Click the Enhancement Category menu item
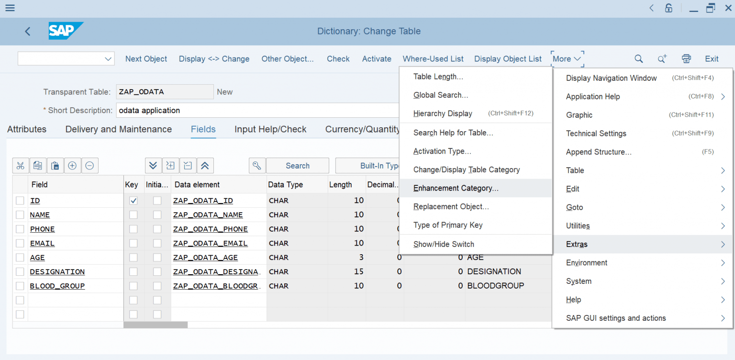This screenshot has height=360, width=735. point(456,188)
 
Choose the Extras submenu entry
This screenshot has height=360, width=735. point(577,244)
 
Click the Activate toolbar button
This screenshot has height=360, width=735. point(377,59)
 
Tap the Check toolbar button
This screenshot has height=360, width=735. point(338,59)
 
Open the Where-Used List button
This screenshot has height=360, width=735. point(433,59)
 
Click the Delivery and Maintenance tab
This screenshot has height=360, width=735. point(119,129)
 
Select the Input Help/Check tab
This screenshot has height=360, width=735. point(270,129)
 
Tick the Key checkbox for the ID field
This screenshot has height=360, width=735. point(134,201)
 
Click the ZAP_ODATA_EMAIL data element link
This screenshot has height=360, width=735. point(210,243)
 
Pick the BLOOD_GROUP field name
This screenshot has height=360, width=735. point(57,286)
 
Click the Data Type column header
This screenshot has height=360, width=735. point(285,185)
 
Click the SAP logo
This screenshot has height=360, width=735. point(66,31)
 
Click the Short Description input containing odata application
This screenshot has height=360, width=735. point(258,110)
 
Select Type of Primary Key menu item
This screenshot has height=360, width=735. point(448,225)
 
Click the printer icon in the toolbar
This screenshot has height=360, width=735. point(686,59)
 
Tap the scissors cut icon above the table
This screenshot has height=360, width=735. point(20,166)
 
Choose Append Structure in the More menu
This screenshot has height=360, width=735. point(599,152)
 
